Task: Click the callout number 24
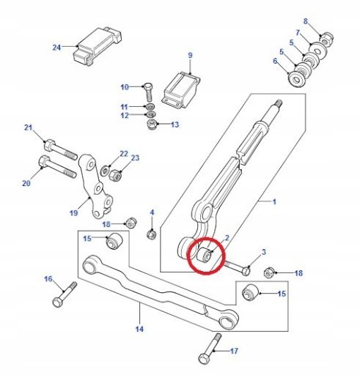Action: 56,47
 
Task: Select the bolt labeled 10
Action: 148,92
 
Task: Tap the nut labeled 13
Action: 152,124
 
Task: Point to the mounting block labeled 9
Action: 181,90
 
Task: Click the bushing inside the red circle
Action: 204,255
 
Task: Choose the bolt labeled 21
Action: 61,149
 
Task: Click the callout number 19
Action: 73,213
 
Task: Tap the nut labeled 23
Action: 115,175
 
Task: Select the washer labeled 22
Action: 106,170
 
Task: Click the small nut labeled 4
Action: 152,234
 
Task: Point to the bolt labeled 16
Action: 65,294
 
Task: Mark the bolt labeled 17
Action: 210,349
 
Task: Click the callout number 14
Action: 139,329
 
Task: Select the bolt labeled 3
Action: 237,268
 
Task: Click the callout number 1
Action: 274,202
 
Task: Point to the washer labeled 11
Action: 150,107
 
